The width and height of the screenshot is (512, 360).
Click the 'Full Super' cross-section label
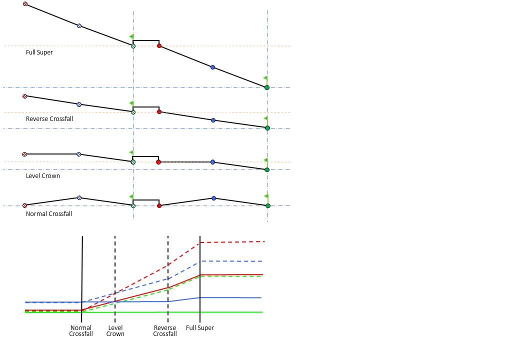click(x=39, y=52)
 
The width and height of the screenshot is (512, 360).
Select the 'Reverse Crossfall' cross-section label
click(x=49, y=119)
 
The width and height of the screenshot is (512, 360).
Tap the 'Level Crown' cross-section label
click(x=43, y=176)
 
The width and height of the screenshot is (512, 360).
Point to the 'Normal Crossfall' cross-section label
click(x=49, y=214)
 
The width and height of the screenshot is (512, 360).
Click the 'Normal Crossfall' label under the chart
click(x=81, y=331)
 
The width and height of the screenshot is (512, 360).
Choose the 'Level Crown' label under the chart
click(x=115, y=331)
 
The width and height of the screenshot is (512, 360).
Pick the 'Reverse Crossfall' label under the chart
click(x=165, y=331)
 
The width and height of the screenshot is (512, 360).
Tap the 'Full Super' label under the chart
click(x=200, y=328)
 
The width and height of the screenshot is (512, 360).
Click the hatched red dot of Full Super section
click(x=25, y=4)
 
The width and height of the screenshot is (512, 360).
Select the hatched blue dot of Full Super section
click(x=79, y=25)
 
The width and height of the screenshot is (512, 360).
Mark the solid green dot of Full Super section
click(x=267, y=87)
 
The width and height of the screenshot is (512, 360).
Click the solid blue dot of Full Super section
click(x=213, y=67)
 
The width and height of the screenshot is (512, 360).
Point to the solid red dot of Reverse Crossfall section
click(x=159, y=112)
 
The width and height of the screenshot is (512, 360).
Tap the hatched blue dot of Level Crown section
click(x=79, y=154)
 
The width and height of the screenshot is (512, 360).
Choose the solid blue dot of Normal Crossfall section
click(x=213, y=198)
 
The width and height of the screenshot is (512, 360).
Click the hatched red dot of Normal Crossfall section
click(x=24, y=205)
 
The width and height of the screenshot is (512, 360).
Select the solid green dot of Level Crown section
click(x=267, y=170)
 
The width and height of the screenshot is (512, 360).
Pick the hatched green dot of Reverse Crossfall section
click(x=133, y=112)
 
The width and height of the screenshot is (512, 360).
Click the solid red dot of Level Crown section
click(x=158, y=162)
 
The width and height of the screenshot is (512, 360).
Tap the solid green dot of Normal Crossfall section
click(x=268, y=205)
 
